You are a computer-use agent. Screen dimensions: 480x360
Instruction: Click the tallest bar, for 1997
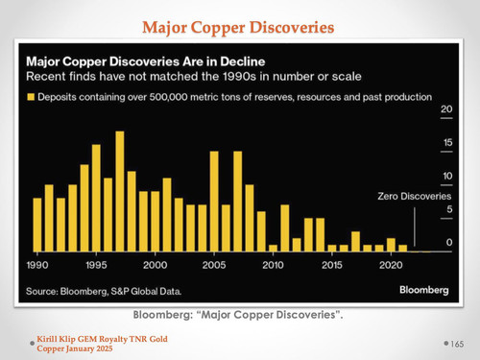pyautogui.click(x=120, y=191)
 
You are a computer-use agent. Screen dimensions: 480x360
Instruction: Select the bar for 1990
pyautogui.click(x=37, y=225)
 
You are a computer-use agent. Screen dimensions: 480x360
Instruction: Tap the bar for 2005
pyautogui.click(x=214, y=202)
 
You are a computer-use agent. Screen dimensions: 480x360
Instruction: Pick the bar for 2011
pyautogui.click(x=285, y=228)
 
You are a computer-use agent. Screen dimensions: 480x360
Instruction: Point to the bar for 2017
pyautogui.click(x=355, y=242)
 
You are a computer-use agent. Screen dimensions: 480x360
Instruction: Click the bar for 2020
pyautogui.click(x=391, y=245)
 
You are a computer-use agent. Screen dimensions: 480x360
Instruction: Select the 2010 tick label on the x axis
pyautogui.click(x=273, y=265)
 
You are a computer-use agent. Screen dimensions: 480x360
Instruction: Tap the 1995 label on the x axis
pyautogui.click(x=96, y=265)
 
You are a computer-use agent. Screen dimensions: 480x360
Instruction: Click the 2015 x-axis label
pyautogui.click(x=332, y=265)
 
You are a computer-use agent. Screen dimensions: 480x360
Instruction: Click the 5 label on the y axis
pyautogui.click(x=449, y=209)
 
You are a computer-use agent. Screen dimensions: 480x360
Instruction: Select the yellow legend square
pyautogui.click(x=31, y=97)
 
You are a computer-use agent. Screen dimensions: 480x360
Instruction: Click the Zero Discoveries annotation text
pyautogui.click(x=415, y=196)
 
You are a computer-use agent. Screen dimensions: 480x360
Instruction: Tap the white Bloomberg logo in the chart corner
pyautogui.click(x=424, y=290)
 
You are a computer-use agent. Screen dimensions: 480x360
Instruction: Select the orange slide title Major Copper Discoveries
pyautogui.click(x=238, y=28)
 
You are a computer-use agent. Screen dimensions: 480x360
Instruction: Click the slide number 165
pyautogui.click(x=457, y=344)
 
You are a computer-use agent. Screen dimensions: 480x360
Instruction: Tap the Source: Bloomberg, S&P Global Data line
pyautogui.click(x=104, y=291)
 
